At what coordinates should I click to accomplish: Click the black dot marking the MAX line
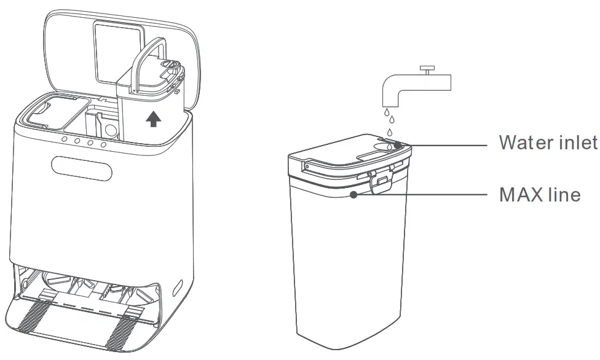(353, 195)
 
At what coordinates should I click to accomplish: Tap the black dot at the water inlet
(398, 146)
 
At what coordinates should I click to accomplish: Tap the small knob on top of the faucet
(426, 67)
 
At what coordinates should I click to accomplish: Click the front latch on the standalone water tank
(383, 181)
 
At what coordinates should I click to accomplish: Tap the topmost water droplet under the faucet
(388, 112)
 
